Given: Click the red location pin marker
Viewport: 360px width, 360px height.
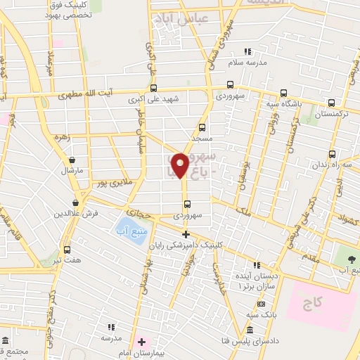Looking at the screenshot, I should [179, 165].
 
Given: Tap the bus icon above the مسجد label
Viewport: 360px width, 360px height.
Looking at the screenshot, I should [202, 127].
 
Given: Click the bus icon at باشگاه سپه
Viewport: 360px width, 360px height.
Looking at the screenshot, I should [283, 93].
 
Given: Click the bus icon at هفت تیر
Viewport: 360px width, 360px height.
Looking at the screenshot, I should [67, 250].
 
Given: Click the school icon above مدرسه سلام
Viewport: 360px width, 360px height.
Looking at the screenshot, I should [247, 51].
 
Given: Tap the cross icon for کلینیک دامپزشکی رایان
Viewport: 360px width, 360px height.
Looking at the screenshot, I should [186, 234].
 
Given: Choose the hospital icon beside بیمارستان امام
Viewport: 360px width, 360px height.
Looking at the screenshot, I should [141, 342].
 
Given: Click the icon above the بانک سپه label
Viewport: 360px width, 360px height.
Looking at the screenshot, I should [260, 304].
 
